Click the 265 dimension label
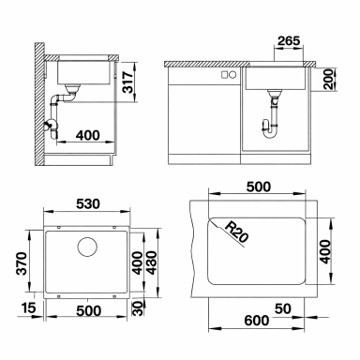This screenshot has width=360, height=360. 289,41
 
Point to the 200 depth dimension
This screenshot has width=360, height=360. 328,80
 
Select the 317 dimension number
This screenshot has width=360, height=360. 127,82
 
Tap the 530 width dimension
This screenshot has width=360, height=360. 88,203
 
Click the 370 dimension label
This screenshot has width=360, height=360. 22,263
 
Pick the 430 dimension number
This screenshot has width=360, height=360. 151,262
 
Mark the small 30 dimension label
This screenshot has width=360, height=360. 139,307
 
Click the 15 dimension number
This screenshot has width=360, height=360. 29,307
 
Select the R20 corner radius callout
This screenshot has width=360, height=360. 236,232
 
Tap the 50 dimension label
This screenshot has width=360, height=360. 283,308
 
